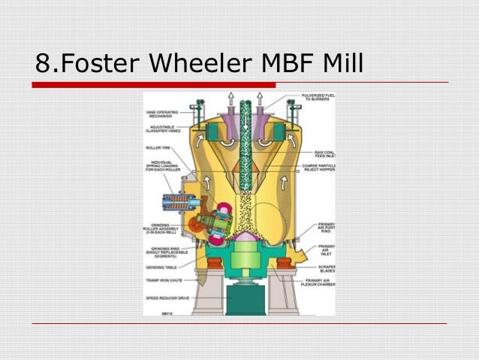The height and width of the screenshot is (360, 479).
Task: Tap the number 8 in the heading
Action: click(x=44, y=65)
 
